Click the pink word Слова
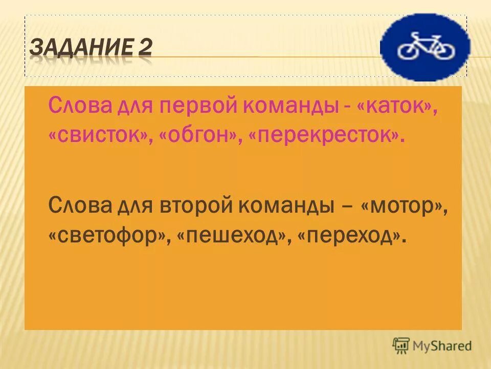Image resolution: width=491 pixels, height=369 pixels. pyautogui.click(x=78, y=108)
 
